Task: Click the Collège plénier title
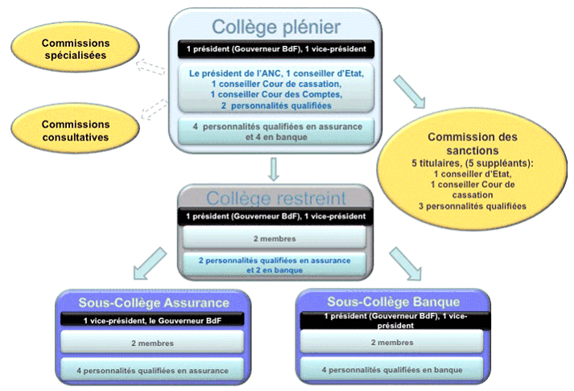pyautogui.click(x=275, y=25)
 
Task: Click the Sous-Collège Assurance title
pyautogui.click(x=154, y=303)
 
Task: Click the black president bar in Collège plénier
pyautogui.click(x=276, y=49)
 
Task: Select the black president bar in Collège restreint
pyautogui.click(x=276, y=216)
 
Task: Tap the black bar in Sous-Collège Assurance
pyautogui.click(x=153, y=321)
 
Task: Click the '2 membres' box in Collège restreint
pyautogui.click(x=276, y=239)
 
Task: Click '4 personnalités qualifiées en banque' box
pyautogui.click(x=393, y=370)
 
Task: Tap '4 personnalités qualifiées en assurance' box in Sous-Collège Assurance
pyautogui.click(x=153, y=370)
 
